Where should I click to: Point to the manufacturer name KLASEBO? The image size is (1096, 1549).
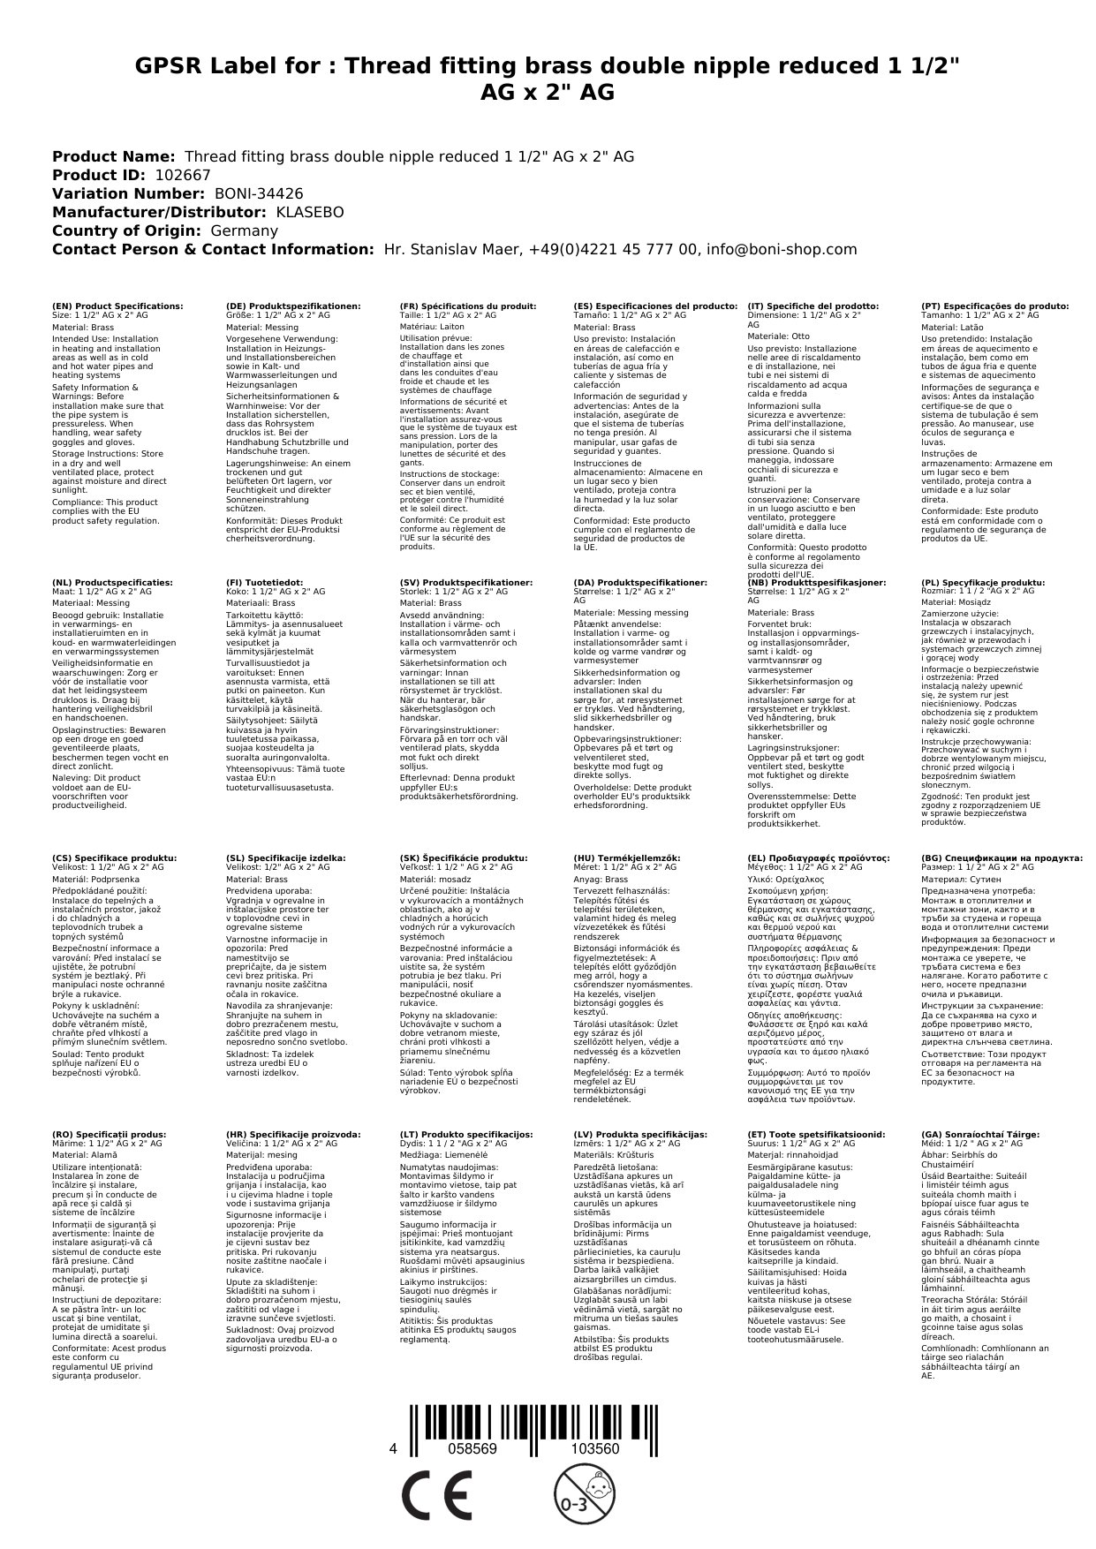coord(310,212)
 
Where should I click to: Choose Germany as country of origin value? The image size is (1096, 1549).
coord(244,230)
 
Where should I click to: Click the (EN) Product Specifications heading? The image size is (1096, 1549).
coord(117,306)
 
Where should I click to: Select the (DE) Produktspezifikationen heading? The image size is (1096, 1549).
coord(293,306)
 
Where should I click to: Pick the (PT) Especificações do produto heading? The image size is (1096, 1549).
coord(994,306)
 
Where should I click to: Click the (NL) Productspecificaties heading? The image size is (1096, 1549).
coord(112,583)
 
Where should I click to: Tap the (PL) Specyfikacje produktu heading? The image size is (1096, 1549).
coord(982,583)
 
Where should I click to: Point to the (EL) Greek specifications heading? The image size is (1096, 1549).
coord(818,858)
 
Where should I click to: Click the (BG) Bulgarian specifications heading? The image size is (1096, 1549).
coord(1002,858)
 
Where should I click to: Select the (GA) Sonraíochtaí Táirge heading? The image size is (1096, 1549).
coord(967,1134)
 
